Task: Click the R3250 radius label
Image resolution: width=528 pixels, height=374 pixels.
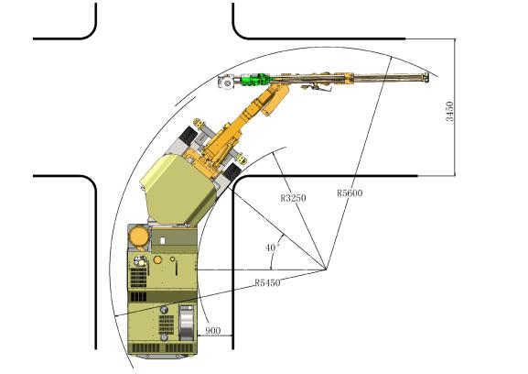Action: tap(294, 198)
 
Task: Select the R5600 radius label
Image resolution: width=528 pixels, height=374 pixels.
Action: tap(350, 192)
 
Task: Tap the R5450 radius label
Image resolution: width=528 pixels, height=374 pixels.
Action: tap(267, 282)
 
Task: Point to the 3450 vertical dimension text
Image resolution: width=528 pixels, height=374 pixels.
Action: tap(449, 111)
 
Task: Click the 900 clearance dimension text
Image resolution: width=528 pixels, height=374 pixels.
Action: tap(213, 331)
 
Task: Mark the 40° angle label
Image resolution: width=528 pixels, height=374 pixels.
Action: tap(273, 247)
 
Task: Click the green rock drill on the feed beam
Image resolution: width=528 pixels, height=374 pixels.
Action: tap(254, 80)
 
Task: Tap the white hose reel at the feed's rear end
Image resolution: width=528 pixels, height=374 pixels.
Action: tap(226, 82)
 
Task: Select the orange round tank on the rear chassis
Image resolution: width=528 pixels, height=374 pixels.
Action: tap(139, 236)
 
